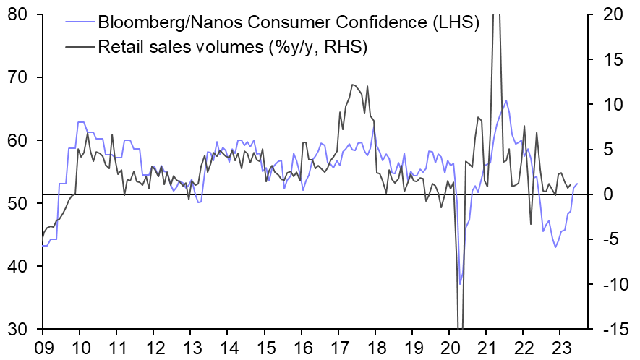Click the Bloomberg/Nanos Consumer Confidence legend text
point(289,22)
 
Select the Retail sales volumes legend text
point(233,47)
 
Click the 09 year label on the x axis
point(43,346)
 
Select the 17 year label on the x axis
point(338,346)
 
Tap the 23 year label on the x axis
point(559,346)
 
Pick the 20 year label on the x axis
point(448,346)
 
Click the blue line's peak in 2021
point(505,100)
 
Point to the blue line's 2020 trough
point(460,284)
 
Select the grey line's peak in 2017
point(352,85)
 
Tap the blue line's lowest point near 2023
point(555,247)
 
